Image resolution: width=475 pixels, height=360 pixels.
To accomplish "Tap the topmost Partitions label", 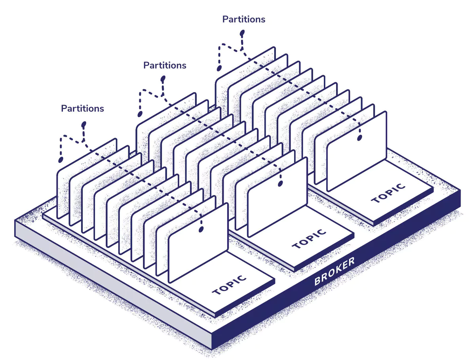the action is coord(244,19).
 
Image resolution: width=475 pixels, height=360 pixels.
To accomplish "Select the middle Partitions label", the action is coord(165,65).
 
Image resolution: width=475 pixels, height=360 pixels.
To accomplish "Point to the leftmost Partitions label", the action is coord(82,109).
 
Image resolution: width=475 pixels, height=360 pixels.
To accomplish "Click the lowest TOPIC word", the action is coord(229,285).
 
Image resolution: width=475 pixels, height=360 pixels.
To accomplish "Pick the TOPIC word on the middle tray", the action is coord(309,239).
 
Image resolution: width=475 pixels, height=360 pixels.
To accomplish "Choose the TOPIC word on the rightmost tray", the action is coord(388,193).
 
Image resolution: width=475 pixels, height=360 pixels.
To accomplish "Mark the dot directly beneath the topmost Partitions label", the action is coord(242,33).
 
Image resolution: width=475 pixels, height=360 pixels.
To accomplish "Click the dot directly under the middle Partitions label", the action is coord(163,78).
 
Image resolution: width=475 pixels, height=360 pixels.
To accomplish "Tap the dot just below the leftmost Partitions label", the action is coord(84,124).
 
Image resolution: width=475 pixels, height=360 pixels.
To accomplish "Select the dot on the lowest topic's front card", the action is coord(201,229).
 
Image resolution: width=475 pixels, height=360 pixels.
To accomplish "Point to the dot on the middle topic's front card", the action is coord(280,184).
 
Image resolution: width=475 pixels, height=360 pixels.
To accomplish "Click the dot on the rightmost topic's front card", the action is coord(359,138).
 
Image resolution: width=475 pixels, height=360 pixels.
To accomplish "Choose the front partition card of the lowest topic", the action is coord(198,243).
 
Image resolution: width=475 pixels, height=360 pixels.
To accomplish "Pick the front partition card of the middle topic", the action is coord(277,197).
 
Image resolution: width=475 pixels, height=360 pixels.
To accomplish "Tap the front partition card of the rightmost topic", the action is coord(356,151).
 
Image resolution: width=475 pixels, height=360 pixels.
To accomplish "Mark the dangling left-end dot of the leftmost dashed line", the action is coord(61,160).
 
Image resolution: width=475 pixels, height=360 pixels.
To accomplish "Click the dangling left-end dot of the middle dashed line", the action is coord(140,114).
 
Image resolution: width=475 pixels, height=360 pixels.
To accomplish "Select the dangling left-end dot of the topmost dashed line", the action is coord(219,68).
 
